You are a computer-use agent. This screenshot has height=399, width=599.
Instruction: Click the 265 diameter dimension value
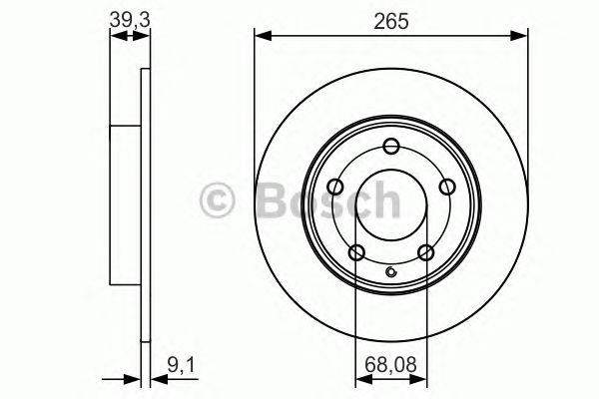pyautogui.click(x=390, y=19)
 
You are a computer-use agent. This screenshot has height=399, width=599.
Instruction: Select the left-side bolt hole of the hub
pyautogui.click(x=335, y=185)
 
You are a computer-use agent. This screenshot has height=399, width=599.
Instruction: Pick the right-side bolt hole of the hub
pyautogui.click(x=446, y=185)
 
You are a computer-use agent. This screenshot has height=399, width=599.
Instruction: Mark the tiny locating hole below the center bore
pyautogui.click(x=391, y=274)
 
